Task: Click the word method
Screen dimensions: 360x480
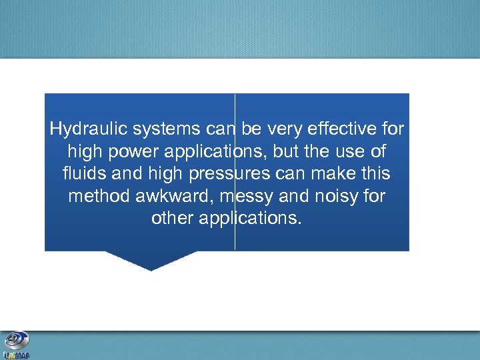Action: pyautogui.click(x=97, y=197)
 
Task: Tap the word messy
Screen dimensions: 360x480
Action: pyautogui.click(x=245, y=197)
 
